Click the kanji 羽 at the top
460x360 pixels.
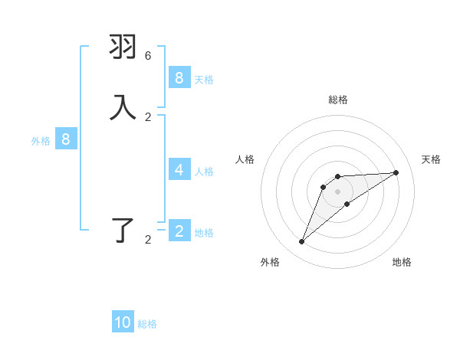123,47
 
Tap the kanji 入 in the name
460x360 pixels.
123,107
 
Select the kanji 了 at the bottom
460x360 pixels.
123,230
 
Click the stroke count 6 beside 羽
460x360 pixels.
148,56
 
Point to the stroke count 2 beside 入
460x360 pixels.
148,116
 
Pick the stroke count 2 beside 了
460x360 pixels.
148,240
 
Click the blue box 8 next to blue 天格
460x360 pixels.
179,77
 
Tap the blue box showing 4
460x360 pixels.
179,169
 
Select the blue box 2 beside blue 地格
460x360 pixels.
179,231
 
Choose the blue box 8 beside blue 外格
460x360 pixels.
66,139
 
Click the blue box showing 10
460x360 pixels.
123,322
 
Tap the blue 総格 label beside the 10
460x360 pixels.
148,324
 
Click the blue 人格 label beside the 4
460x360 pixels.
205,171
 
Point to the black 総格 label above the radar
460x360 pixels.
338,100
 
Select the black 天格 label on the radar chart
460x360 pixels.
432,159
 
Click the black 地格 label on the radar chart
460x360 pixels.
402,262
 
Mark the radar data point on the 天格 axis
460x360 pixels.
396,172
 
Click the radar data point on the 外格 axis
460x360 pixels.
302,242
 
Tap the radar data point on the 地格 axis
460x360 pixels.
347,204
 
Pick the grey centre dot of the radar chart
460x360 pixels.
338,191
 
